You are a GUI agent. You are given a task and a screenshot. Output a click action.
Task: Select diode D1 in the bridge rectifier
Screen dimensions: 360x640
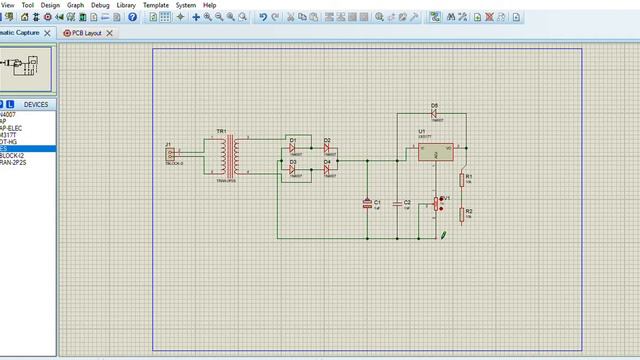(295, 147)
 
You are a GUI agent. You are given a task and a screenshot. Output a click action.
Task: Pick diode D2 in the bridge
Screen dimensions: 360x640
(327, 147)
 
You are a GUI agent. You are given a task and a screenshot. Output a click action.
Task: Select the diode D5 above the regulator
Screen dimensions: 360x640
(435, 112)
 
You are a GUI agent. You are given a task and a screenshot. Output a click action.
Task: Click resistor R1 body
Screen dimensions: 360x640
(462, 179)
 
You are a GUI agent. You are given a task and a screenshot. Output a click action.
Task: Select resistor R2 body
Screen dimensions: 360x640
(462, 215)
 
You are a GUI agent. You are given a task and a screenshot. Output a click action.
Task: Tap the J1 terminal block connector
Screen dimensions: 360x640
(171, 154)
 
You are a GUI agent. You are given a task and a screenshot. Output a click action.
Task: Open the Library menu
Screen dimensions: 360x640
(126, 5)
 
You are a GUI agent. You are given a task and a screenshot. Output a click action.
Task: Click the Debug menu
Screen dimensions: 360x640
(100, 5)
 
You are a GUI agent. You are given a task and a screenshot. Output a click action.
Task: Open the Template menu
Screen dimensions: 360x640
(156, 5)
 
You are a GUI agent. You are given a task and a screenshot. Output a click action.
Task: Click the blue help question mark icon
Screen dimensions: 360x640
(132, 17)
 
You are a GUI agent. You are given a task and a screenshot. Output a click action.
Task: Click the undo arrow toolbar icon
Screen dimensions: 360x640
(262, 17)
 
